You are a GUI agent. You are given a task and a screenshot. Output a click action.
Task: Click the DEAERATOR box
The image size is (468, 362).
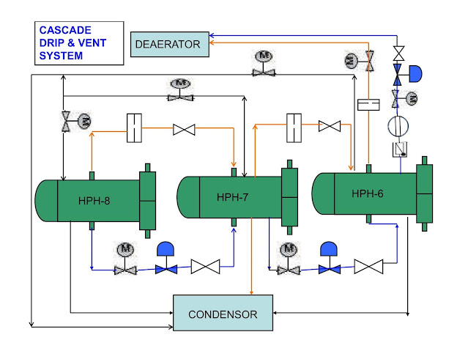(168, 44)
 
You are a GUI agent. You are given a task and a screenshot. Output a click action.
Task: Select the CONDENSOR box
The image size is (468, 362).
(223, 314)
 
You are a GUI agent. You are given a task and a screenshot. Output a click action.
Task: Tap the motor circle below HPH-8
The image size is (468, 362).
(124, 249)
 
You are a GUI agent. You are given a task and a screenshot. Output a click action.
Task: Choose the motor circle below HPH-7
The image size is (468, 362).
(288, 249)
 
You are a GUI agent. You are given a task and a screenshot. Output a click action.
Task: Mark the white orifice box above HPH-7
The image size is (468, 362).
(295, 126)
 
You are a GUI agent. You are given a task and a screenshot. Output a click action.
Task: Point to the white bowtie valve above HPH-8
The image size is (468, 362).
(183, 130)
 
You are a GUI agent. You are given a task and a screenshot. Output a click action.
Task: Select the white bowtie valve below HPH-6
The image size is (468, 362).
(368, 267)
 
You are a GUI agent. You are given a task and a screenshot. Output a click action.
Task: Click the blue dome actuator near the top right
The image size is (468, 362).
(415, 74)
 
